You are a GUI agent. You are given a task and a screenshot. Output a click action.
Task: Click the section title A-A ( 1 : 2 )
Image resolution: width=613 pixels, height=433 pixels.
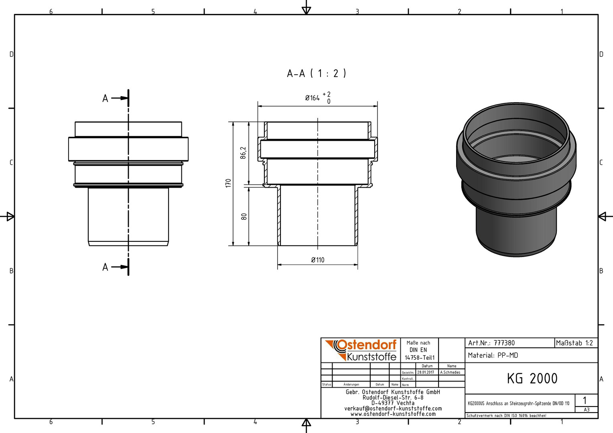tap(317, 73)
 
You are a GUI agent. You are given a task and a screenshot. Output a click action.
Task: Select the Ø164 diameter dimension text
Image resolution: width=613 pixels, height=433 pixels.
tap(312, 98)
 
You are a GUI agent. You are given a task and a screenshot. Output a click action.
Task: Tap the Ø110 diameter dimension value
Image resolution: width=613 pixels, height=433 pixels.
tap(317, 260)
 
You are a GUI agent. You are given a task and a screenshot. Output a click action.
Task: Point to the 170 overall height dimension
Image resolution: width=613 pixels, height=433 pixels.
tap(228, 183)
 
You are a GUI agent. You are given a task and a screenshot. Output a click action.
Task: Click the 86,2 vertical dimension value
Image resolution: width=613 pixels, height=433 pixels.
tap(243, 153)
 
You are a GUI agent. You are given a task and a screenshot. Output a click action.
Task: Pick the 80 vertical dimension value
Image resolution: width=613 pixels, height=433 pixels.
tap(244, 216)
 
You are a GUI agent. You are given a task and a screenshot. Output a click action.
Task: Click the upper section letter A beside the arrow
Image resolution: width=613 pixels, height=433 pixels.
tap(105, 98)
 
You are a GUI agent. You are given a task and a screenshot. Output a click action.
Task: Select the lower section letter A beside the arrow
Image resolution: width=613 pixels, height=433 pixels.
tap(105, 267)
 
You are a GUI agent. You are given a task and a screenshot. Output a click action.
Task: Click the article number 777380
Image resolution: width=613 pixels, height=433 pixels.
tap(504, 343)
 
